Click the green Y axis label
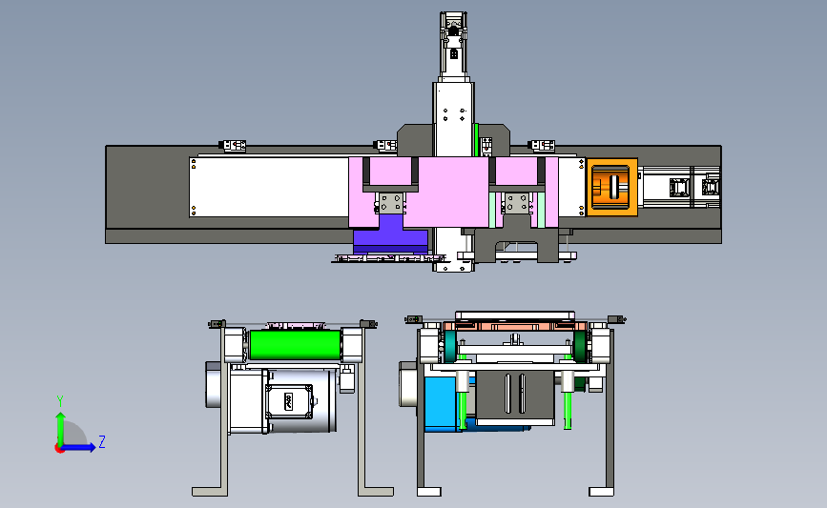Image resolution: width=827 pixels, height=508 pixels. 60,401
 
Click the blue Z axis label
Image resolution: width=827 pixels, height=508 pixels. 102,441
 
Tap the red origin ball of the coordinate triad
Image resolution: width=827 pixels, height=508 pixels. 59,449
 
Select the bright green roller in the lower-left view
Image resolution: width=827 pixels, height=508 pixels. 295,345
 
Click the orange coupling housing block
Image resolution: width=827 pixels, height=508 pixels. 611,187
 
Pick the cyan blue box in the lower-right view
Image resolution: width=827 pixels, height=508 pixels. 442,403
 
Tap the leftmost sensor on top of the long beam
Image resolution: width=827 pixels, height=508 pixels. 232,146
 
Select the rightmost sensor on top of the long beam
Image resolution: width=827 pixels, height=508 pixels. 541,146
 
